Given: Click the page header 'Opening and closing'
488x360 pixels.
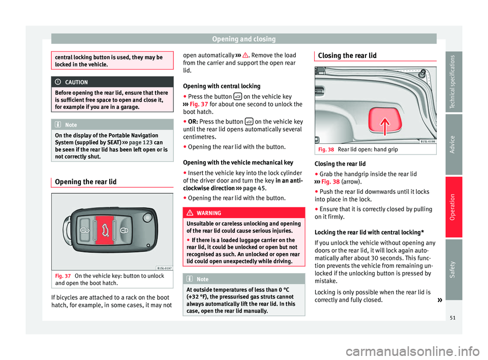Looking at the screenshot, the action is [243, 39].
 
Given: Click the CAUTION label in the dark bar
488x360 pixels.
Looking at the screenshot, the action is [76, 82].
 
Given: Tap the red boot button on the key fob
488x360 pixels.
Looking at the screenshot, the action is [105, 230].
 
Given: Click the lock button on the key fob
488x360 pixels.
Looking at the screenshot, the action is [124, 230].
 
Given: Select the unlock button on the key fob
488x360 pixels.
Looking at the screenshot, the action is [85, 230].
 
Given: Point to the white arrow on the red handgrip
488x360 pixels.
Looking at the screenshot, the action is [385, 126].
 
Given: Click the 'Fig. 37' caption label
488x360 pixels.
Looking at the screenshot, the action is [63, 276].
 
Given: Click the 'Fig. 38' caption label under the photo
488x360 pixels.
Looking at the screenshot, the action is [326, 149].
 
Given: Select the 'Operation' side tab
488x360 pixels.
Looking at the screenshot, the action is [453, 207].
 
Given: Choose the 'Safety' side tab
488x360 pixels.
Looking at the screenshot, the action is [453, 269].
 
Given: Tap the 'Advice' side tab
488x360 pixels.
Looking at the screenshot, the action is [453, 144].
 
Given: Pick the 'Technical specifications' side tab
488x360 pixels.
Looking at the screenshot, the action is [453, 81].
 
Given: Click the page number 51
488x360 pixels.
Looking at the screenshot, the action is [452, 318].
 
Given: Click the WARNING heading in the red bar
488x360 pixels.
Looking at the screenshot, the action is [209, 213].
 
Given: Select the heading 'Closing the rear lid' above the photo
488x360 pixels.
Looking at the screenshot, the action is [347, 56].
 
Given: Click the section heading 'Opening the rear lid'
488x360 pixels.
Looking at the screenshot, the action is [85, 182].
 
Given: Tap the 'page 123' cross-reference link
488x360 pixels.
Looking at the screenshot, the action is [141, 143].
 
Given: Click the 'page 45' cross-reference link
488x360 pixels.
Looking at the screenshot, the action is [254, 188].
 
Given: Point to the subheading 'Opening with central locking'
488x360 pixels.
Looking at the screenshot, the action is [222, 86].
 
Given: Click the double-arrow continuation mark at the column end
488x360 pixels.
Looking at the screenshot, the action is [440, 300].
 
